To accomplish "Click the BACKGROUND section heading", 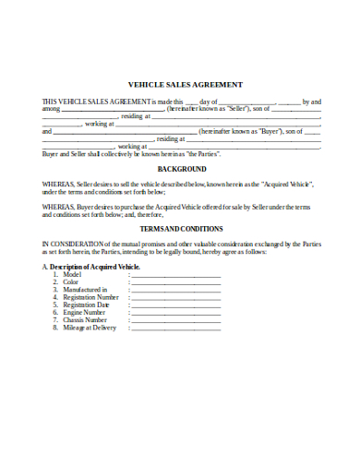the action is point(181,170).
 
